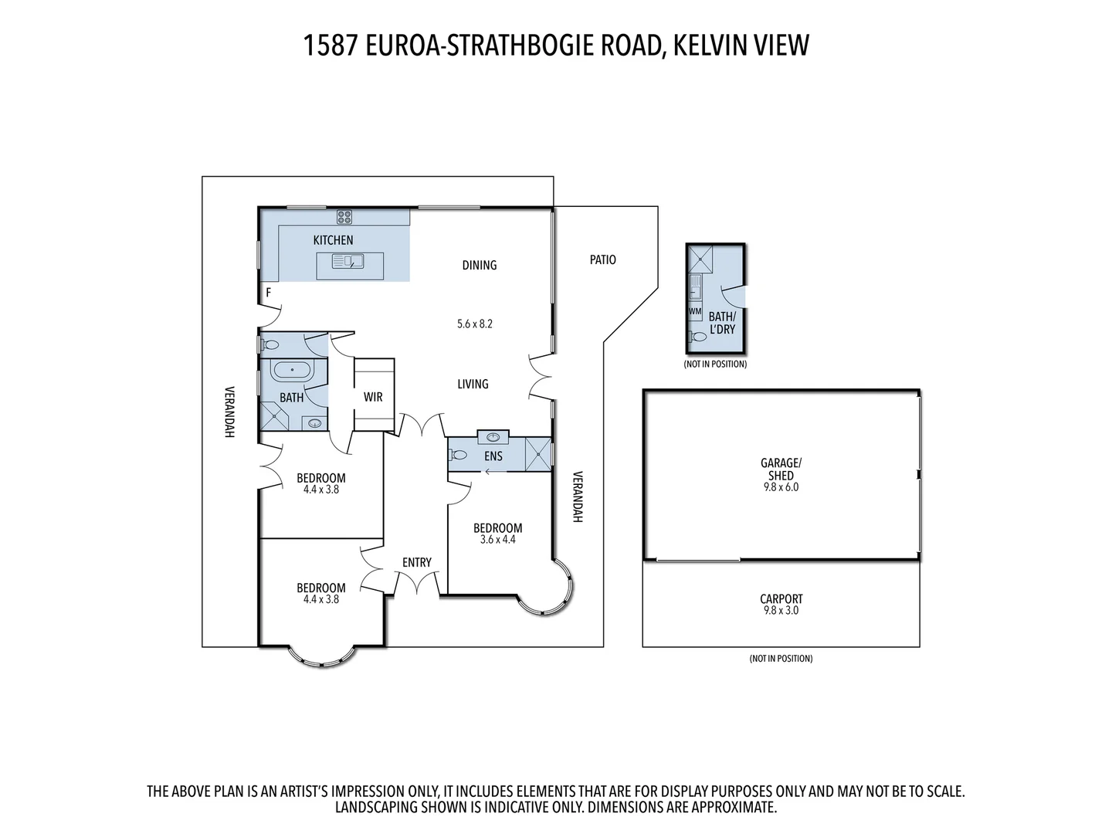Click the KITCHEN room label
coord(333,240)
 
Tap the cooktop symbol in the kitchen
coord(344,217)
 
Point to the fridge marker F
coord(269,293)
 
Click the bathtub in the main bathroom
coord(292,371)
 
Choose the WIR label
coord(373,397)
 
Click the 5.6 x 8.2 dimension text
coord(474,324)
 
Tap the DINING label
coord(479,265)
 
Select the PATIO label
coord(602,259)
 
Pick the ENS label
coord(493,456)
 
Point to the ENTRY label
coord(416,562)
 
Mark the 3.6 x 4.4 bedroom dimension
coord(497,540)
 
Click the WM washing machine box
coord(695,311)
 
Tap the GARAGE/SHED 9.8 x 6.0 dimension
coord(781,487)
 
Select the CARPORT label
coord(781,598)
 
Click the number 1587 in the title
coord(330,46)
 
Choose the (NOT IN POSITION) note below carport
coord(781,659)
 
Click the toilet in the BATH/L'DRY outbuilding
coord(698,337)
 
